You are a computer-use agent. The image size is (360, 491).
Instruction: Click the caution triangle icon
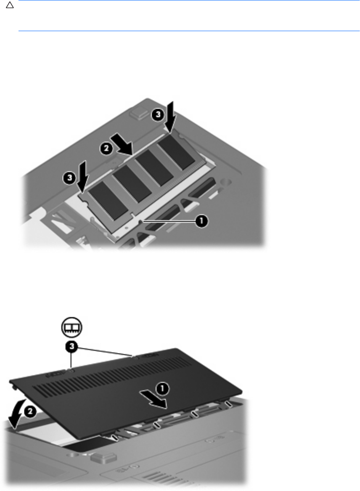(x=10, y=5)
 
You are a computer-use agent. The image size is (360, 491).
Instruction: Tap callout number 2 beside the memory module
(x=106, y=149)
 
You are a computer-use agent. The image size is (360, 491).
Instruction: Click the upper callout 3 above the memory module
(x=158, y=114)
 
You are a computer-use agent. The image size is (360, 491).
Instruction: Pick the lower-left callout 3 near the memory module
(x=69, y=178)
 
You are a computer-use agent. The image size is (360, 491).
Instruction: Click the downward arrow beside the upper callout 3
(x=169, y=117)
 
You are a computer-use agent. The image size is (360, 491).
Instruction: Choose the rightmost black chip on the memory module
(x=176, y=152)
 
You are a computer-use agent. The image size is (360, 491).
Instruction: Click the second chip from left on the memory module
(x=132, y=182)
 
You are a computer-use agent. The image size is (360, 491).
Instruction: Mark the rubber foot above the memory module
(x=138, y=113)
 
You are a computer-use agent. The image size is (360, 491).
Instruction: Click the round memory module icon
(x=71, y=327)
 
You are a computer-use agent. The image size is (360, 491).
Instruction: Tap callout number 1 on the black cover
(x=162, y=389)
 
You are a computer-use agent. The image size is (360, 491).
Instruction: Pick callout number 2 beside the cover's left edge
(x=30, y=412)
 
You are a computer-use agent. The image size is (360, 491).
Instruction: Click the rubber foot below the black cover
(x=99, y=458)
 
